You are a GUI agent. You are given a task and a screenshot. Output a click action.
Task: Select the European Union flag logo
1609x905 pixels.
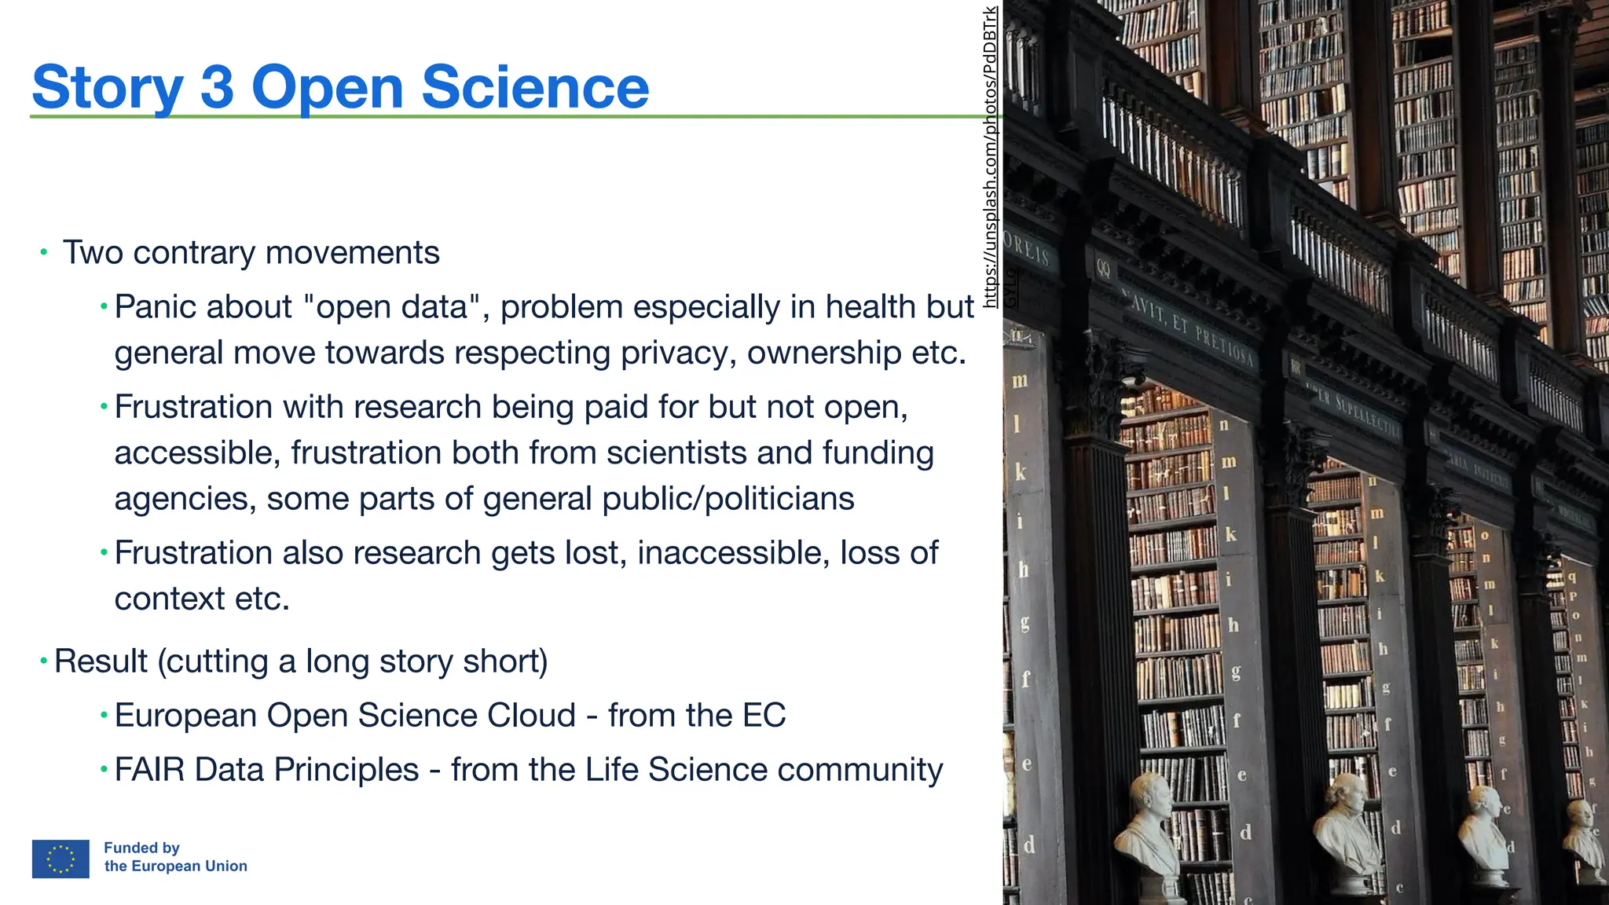(x=60, y=859)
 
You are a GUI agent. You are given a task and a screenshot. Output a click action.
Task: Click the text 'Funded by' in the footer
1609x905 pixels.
(x=141, y=848)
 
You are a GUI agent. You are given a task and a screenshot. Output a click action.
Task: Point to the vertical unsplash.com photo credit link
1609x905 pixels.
(x=991, y=157)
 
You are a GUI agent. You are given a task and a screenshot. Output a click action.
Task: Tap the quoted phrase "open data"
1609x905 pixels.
(x=392, y=307)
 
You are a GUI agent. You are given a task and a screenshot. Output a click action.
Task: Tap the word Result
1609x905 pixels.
(x=101, y=661)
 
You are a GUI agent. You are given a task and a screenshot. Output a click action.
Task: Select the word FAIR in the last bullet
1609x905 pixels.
(x=149, y=770)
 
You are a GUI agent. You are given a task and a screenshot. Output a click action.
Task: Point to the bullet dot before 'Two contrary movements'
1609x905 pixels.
(x=44, y=253)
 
